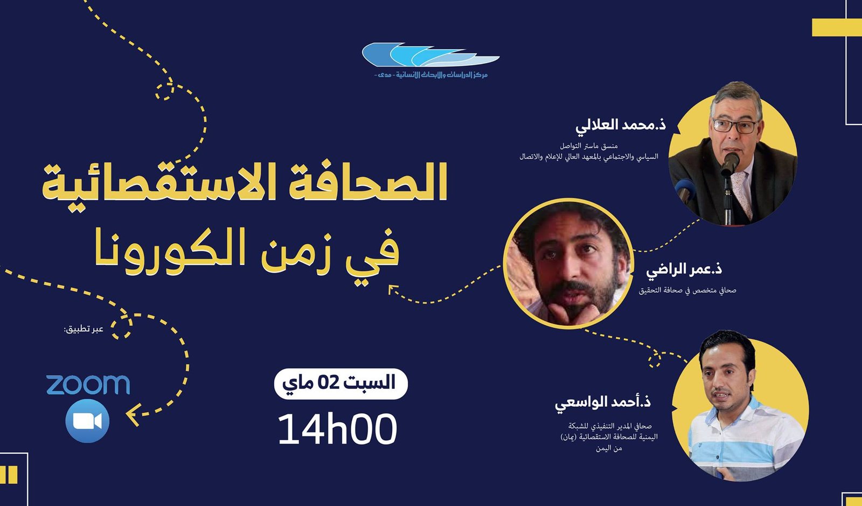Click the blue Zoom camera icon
(87, 421)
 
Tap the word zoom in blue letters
(88, 385)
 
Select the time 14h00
(337, 429)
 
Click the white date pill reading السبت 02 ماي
(340, 384)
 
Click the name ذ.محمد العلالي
(620, 125)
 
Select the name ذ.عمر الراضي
(684, 269)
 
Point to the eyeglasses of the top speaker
(735, 126)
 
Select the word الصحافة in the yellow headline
(361, 182)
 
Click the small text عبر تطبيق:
(84, 330)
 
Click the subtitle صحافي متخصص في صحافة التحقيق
(687, 290)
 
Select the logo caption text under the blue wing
(431, 74)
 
